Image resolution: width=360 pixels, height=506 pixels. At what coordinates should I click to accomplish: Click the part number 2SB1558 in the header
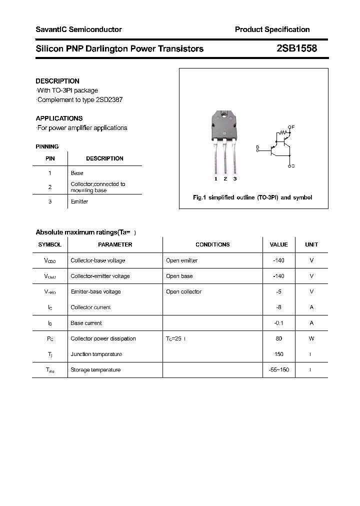[x=296, y=48]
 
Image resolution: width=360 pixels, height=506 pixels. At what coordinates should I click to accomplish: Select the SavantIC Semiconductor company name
[x=78, y=29]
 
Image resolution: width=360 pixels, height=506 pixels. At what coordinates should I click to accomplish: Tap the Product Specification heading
[x=272, y=29]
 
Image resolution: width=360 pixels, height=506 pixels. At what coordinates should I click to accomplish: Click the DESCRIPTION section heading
[x=57, y=81]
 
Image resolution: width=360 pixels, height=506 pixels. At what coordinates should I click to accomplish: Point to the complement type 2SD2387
[x=108, y=99]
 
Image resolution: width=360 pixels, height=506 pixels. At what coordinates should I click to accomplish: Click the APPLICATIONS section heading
[x=59, y=118]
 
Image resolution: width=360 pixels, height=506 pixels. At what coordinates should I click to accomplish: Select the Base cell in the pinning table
[x=77, y=173]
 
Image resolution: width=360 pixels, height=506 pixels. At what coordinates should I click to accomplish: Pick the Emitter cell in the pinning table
[x=79, y=201]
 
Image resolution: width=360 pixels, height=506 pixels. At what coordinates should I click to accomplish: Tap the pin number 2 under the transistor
[x=225, y=178]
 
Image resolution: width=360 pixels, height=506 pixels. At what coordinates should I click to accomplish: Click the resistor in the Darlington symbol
[x=284, y=133]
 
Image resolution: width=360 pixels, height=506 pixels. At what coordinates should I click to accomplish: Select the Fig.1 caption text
[x=252, y=197]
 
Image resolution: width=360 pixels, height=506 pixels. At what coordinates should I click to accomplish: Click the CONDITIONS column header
[x=212, y=244]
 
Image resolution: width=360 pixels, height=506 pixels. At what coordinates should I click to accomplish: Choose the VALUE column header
[x=278, y=244]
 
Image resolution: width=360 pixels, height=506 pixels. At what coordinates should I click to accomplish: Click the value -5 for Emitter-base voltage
[x=278, y=291]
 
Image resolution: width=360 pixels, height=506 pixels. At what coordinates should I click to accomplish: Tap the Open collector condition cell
[x=184, y=291]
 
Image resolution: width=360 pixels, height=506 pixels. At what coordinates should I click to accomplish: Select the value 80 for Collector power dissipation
[x=278, y=338]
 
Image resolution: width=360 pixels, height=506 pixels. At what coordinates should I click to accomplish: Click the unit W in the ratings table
[x=311, y=338]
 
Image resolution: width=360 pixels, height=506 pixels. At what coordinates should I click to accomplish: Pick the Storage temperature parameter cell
[x=95, y=370]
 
